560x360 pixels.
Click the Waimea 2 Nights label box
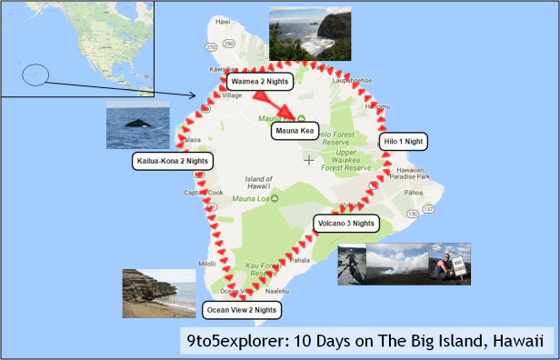[260, 82]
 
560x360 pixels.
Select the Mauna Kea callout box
[294, 131]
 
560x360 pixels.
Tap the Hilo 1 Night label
[402, 142]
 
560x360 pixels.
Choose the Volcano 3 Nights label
[345, 223]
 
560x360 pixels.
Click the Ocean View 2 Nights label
[240, 310]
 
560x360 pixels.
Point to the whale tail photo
[137, 125]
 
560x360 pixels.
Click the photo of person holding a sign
[449, 264]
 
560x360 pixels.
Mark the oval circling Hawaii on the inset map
[35, 74]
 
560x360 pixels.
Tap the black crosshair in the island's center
[310, 161]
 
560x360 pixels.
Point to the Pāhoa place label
[414, 193]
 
